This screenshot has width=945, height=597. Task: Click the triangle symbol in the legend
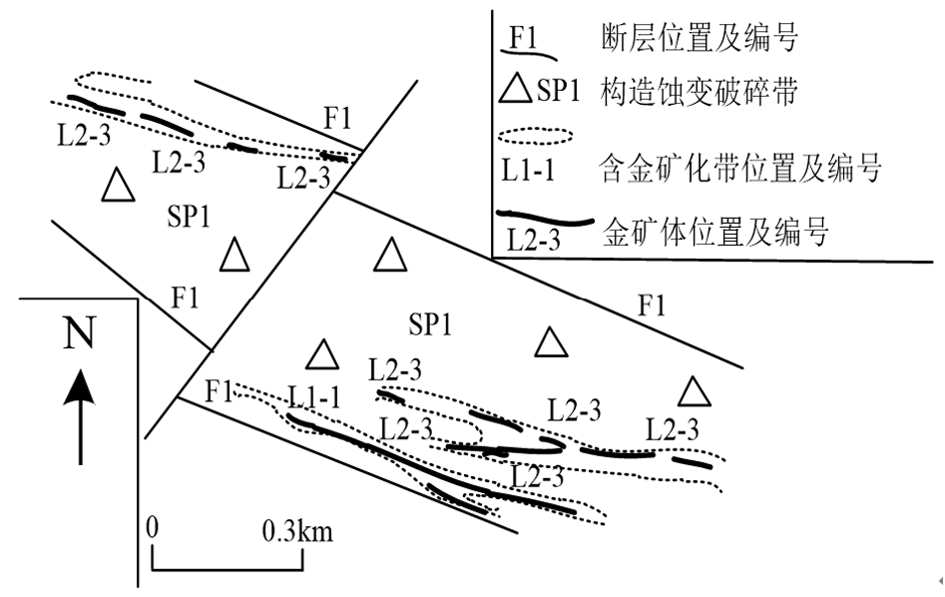coord(516,92)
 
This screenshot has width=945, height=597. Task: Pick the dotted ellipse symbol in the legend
coord(536,134)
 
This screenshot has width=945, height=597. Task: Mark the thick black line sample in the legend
coord(545,220)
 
